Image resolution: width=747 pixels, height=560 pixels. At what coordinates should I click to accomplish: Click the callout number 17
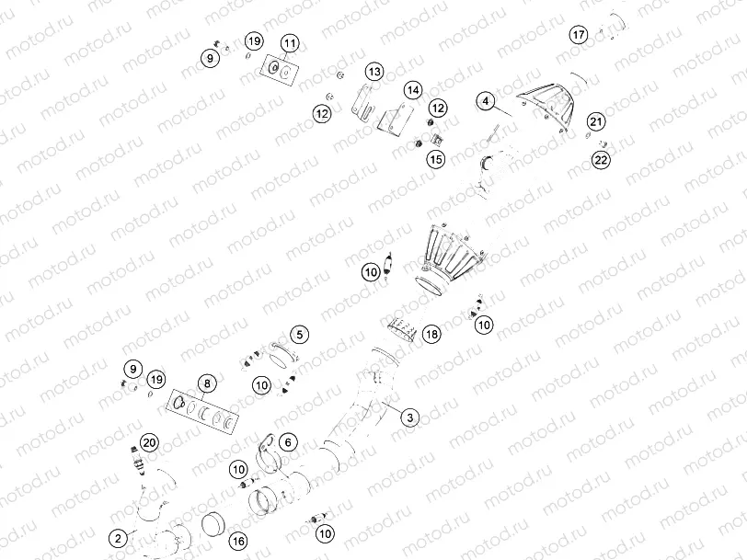click(578, 35)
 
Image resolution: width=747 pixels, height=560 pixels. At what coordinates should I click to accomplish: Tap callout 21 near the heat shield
click(596, 122)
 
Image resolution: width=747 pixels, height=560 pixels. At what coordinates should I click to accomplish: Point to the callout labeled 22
click(601, 159)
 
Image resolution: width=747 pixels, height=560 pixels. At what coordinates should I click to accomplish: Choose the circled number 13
click(373, 72)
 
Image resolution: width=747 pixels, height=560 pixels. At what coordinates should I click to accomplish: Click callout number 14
click(412, 90)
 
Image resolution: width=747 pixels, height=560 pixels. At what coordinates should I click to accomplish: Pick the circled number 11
click(289, 43)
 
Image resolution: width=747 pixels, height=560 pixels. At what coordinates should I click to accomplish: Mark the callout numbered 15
click(435, 159)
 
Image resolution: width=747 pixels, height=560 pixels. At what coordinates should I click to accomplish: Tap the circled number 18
click(431, 336)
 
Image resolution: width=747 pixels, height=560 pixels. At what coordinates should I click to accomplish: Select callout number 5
click(301, 335)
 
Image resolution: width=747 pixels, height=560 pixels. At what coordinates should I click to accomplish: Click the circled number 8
click(207, 383)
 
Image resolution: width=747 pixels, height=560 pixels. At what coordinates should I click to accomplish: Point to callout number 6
click(287, 442)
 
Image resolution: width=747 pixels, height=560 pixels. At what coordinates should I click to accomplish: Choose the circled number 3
click(410, 417)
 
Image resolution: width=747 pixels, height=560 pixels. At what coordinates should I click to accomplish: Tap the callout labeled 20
click(151, 442)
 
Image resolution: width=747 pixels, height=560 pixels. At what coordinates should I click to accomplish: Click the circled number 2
click(117, 538)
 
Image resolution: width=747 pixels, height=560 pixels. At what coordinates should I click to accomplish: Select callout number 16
click(238, 540)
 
